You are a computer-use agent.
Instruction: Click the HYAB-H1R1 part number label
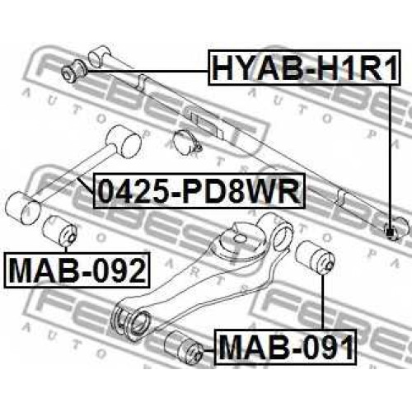[x=304, y=67]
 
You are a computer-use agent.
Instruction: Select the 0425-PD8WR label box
[x=199, y=190]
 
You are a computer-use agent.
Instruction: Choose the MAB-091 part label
[x=286, y=346]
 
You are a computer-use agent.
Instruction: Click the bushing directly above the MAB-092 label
[x=60, y=231]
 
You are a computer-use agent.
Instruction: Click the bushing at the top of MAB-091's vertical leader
[x=315, y=256]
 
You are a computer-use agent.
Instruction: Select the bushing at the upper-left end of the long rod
[x=73, y=71]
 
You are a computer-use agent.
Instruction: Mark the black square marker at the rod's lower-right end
[x=390, y=232]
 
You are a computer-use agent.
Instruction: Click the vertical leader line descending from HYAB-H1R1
[x=390, y=157]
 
